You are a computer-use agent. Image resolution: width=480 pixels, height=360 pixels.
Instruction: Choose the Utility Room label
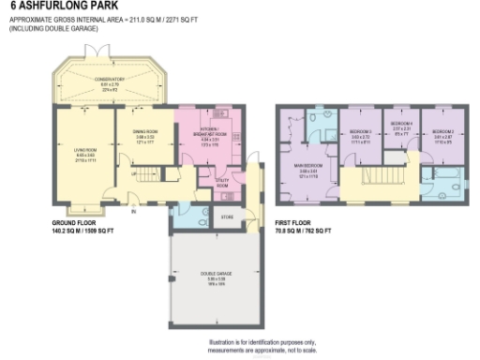222,184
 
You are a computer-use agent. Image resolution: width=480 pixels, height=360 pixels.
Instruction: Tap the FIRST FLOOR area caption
304,226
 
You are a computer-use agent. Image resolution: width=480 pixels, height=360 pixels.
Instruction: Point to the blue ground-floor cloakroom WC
185,215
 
